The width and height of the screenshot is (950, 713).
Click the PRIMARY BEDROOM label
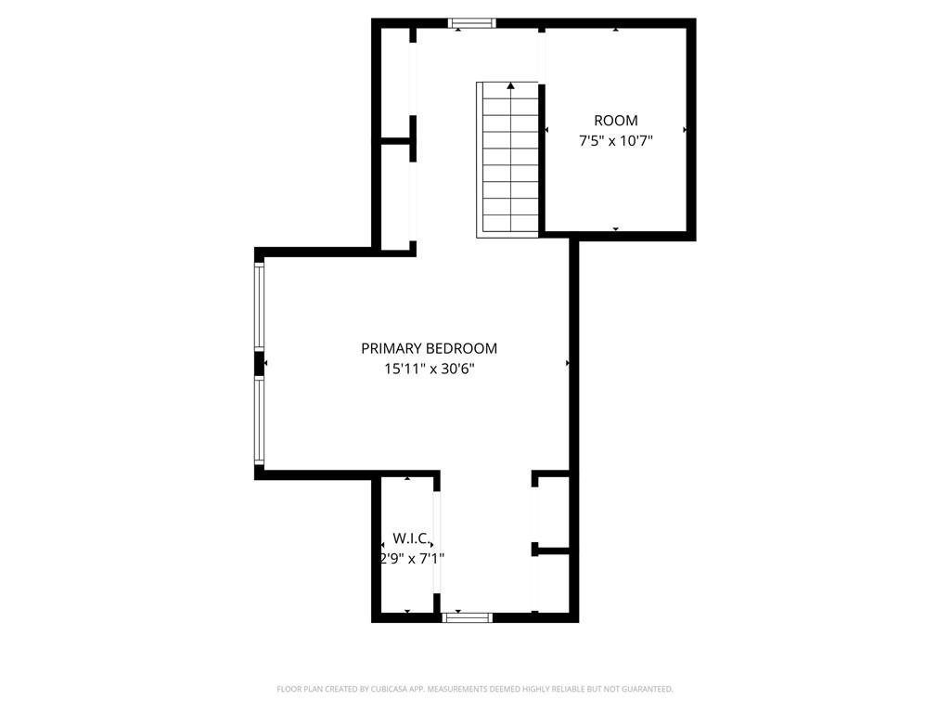(x=429, y=349)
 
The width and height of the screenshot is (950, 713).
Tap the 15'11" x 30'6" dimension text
(x=429, y=369)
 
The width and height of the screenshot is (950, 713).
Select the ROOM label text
(x=616, y=121)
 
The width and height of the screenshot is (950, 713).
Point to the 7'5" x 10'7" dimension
(x=616, y=141)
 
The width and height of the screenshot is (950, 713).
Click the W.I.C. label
(x=413, y=538)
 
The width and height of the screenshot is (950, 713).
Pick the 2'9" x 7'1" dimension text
(x=412, y=558)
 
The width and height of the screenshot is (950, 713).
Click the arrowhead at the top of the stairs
(x=511, y=86)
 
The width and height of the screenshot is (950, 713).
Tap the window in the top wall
(x=472, y=23)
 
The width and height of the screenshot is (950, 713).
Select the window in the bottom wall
(x=467, y=617)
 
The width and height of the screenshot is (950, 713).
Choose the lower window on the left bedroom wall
(x=260, y=420)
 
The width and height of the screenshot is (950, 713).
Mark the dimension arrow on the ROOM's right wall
(x=685, y=130)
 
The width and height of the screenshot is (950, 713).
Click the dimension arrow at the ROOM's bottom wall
(x=616, y=229)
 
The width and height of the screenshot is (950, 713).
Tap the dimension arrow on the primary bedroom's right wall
(x=568, y=363)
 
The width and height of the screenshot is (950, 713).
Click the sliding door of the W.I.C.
(x=436, y=541)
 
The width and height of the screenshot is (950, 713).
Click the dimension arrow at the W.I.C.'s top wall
(x=407, y=478)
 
